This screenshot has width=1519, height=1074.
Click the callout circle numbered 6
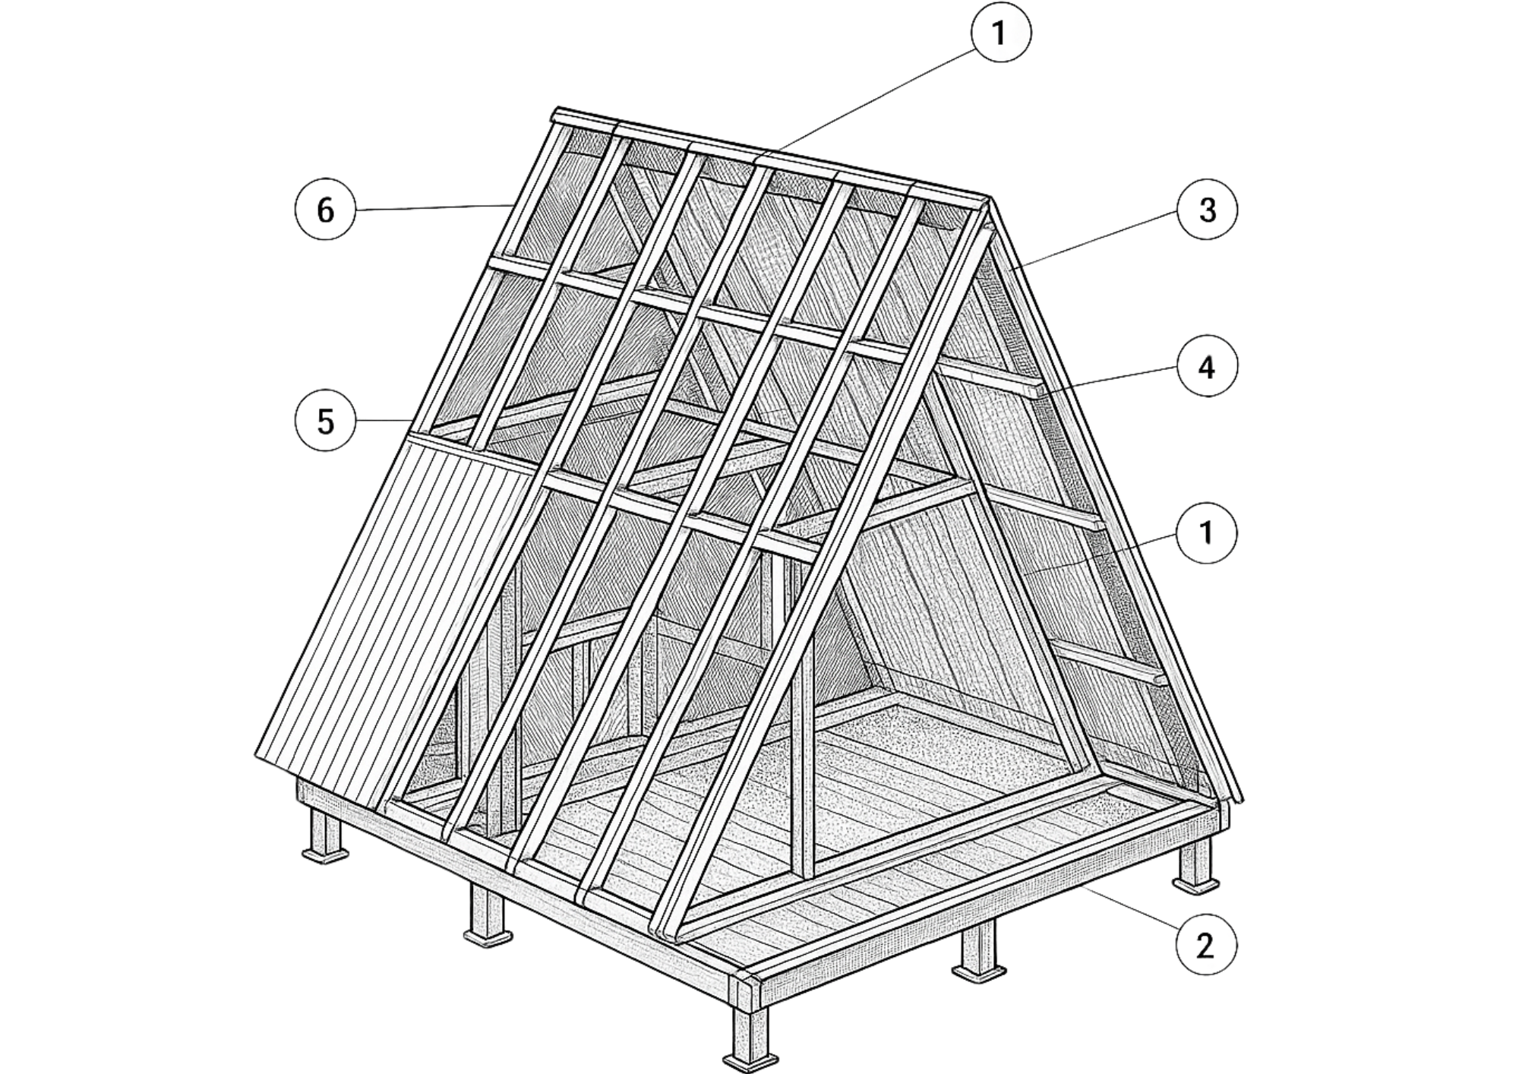pos(325,210)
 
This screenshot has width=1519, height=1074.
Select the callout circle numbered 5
pos(325,420)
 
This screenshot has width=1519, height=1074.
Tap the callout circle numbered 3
pos(1207,210)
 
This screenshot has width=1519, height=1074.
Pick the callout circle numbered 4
pos(1207,367)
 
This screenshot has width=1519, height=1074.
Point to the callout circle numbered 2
pos(1205,946)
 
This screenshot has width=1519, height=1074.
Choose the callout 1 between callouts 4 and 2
pos(1207,533)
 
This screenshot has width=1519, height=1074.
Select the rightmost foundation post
pos(1196,862)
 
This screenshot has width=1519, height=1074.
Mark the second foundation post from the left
pos(488,914)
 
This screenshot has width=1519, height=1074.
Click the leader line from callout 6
pos(432,207)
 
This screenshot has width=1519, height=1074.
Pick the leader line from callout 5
pos(384,420)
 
